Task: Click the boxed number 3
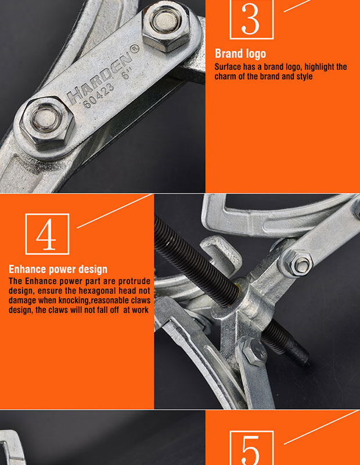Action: pos(251,19)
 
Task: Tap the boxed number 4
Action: pos(47,234)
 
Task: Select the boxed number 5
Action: pos(251,448)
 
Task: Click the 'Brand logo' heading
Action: pos(240,53)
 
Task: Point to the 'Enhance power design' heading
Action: pos(58,269)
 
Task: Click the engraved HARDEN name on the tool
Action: pos(99,78)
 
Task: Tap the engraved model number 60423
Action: pos(98,95)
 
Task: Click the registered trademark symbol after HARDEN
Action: pos(135,49)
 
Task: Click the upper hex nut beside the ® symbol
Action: pos(167,26)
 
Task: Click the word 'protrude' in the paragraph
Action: pos(134,281)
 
